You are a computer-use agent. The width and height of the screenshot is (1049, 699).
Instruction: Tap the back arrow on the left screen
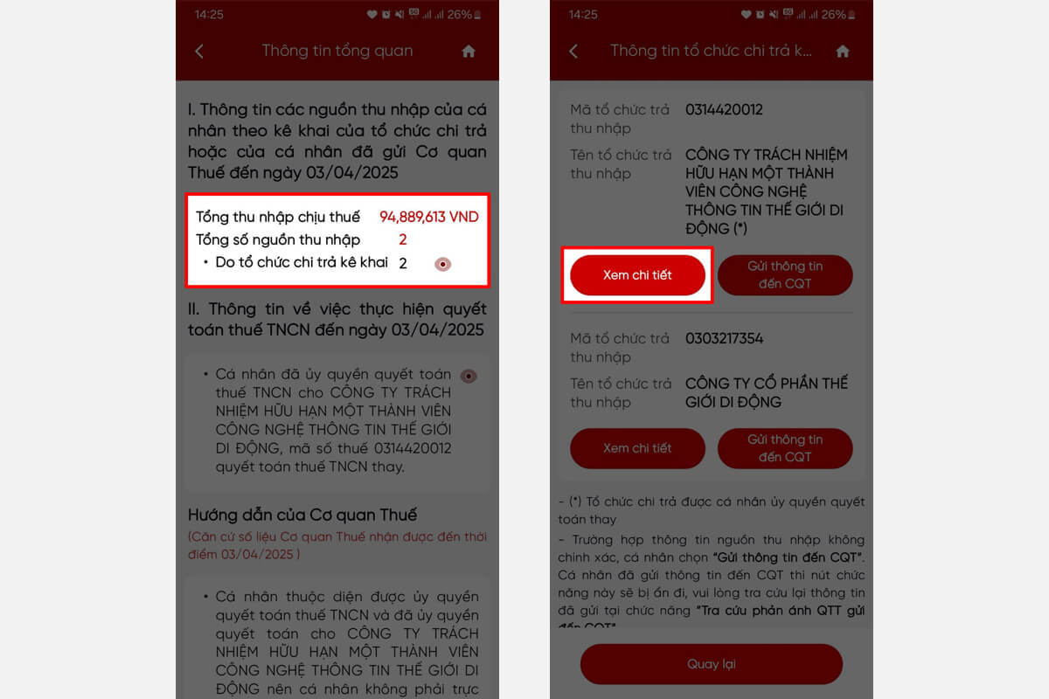coord(199,52)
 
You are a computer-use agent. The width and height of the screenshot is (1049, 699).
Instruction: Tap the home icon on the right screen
coord(843,52)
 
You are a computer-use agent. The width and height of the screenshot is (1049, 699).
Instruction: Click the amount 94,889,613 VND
coord(428,217)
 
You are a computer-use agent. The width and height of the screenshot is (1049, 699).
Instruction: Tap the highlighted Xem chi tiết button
coord(637,275)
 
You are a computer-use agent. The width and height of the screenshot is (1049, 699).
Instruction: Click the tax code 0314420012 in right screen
coord(724,110)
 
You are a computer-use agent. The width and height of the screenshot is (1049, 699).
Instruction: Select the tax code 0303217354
coord(725,338)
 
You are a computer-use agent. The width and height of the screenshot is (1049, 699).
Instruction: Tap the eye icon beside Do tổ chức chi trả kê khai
coord(443,264)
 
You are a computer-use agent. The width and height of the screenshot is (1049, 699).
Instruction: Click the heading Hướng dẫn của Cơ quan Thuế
coord(302,514)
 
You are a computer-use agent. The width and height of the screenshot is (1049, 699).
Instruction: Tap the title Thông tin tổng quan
coord(337,51)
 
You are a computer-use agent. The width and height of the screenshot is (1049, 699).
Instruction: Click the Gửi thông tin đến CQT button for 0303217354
coord(785,448)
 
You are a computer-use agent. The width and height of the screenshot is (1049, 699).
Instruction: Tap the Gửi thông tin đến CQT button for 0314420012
coord(785,275)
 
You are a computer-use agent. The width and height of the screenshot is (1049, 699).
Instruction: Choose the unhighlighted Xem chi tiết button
coord(637,448)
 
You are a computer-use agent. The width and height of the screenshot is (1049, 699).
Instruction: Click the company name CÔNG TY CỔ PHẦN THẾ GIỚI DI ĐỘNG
coord(766,392)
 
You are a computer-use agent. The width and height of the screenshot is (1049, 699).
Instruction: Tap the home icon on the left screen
coord(469,52)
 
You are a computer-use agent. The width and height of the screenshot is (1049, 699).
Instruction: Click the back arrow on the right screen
coord(573,52)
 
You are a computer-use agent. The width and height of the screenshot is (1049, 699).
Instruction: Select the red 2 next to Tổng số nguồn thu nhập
coord(403,239)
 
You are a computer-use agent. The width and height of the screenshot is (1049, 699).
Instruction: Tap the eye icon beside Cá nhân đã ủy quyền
coord(469,376)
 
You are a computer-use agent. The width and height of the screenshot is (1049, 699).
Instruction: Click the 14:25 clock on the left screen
coord(209,15)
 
